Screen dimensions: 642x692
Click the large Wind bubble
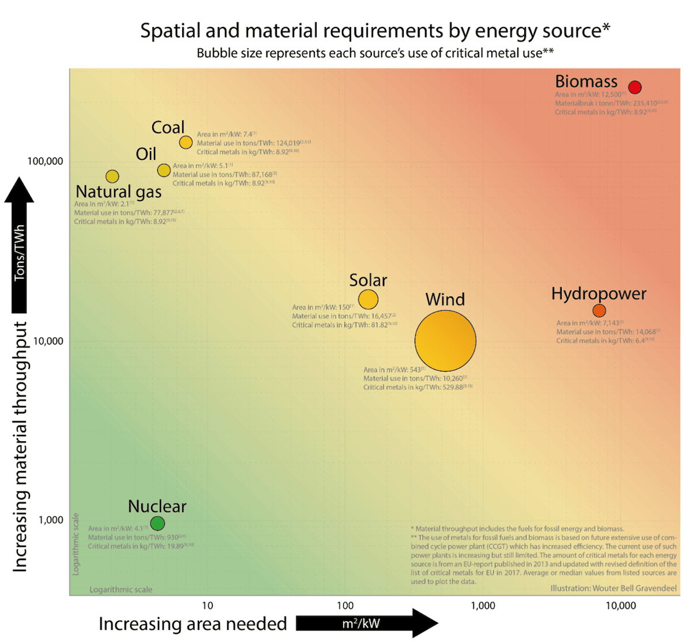coord(445,340)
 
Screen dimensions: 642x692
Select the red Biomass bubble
coord(635,87)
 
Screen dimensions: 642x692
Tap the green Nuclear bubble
coord(157,523)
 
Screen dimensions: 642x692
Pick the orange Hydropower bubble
coord(599,311)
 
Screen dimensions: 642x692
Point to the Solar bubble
coord(368,299)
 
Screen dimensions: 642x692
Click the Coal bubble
coord(186,142)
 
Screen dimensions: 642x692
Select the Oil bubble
coord(164,170)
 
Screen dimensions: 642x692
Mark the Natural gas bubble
coord(112,177)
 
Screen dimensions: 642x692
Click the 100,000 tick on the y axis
coord(46,160)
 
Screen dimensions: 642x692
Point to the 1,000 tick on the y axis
coord(51,520)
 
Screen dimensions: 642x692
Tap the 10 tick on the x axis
coord(208,605)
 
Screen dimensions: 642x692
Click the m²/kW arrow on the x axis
coord(367,624)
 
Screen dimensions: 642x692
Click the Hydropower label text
coord(599,294)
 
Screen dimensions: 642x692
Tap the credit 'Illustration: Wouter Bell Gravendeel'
coord(613,588)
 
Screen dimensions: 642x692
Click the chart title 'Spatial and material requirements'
coord(375,31)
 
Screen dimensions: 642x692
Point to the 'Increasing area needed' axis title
coord(193,624)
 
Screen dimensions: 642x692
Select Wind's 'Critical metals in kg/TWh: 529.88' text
coord(418,388)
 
